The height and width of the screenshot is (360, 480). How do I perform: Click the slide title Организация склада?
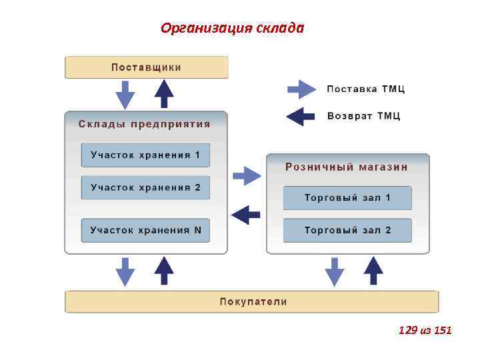point(232,28)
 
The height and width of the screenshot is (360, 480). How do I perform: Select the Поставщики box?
point(146,67)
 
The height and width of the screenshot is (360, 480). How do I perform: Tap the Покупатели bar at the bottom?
point(252,301)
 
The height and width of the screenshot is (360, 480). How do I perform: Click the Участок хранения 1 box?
point(145,155)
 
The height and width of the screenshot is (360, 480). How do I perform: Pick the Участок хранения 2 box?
point(145,187)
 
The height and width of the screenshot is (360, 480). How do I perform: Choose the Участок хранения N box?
point(145,230)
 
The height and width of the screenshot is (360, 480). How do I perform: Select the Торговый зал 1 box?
point(347,198)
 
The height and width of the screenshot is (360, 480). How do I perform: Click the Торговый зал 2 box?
point(347,230)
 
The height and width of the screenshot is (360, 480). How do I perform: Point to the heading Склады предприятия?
point(144,124)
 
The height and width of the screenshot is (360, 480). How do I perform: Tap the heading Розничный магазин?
point(347,167)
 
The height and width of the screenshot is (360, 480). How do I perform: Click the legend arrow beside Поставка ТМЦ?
point(301,89)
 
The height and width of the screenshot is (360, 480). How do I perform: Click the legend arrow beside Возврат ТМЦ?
point(301,116)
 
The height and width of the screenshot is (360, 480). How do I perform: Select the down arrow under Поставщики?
point(125,94)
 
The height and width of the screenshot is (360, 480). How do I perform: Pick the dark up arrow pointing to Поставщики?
point(164,93)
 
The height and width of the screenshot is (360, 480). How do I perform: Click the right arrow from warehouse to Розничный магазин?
point(247,176)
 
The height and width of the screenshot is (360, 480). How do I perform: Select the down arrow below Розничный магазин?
point(335,271)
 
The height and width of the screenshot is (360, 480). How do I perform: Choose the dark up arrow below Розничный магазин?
point(373,271)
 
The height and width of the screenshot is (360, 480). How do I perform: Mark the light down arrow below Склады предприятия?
point(125,271)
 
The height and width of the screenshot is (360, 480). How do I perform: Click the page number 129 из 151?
point(425,329)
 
